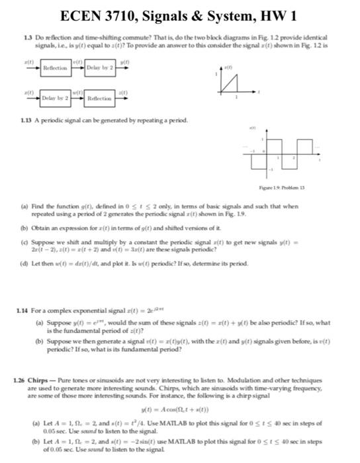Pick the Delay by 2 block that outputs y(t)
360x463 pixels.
100,68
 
